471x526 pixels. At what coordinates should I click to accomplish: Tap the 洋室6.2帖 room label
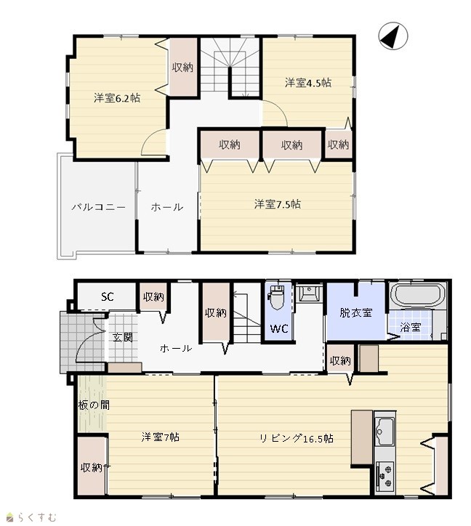coord(117,98)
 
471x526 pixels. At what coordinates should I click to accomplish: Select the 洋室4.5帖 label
coord(308,83)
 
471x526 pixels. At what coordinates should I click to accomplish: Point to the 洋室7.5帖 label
coord(278,204)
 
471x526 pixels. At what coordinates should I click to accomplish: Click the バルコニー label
coord(98,207)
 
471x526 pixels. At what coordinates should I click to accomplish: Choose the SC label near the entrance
coord(108,296)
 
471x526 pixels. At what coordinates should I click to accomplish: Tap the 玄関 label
coord(123,337)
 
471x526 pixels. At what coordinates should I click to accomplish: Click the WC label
coord(279,328)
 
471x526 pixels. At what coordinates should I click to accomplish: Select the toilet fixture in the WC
coord(277,297)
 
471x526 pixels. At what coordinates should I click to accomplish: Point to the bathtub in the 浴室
coord(417,295)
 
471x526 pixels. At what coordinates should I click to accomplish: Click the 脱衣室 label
coord(356,312)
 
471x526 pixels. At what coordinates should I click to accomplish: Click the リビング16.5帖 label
coord(297,438)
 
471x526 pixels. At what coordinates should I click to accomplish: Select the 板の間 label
coord(94,405)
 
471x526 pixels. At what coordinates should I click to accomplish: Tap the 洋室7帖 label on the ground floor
coord(161,437)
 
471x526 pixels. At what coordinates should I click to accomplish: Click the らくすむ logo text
coord(38,517)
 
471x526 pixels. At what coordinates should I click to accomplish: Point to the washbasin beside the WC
coord(309,294)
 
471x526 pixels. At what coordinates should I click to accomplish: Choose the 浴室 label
coord(410,327)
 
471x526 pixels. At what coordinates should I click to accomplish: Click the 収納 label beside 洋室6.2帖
coord(183,67)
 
